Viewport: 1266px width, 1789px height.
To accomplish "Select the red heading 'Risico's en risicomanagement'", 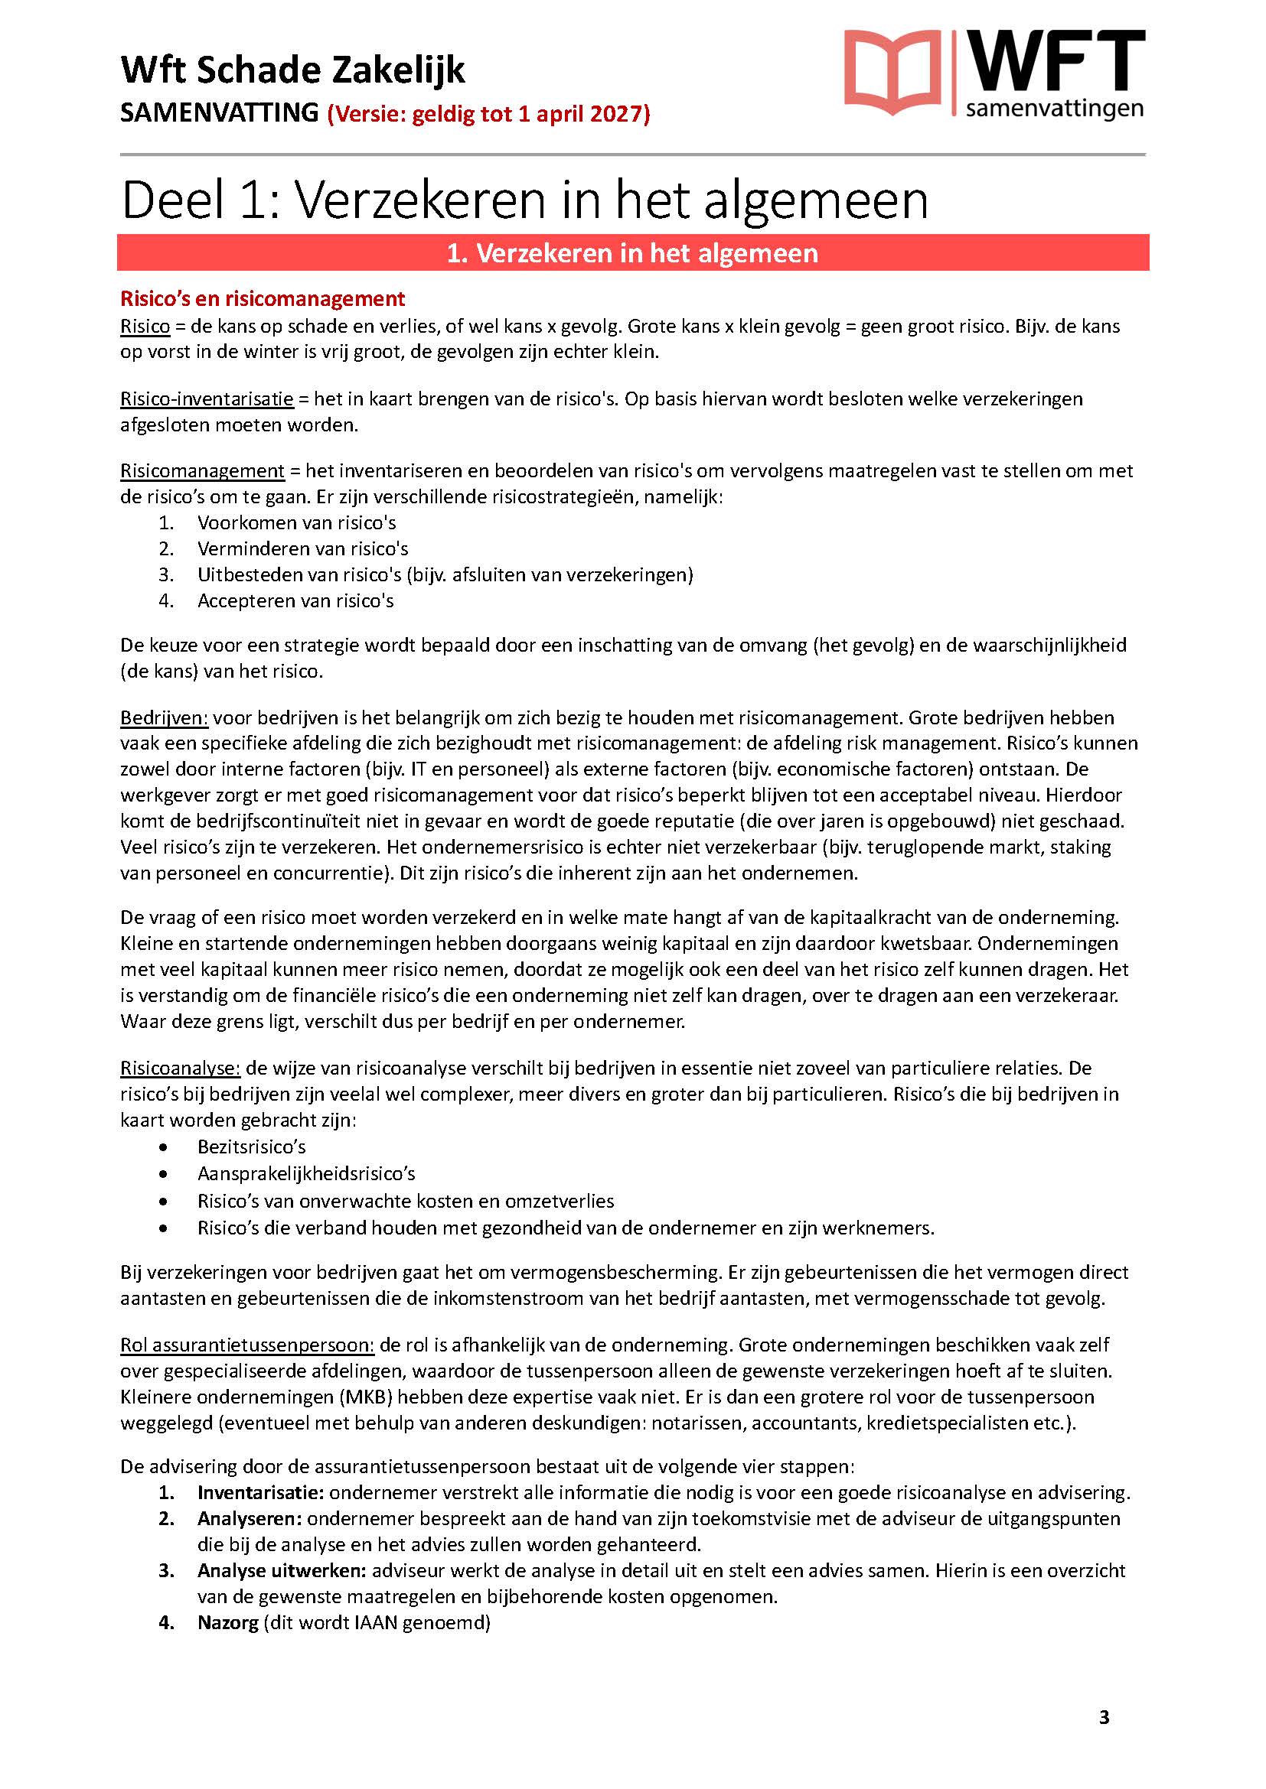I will (262, 299).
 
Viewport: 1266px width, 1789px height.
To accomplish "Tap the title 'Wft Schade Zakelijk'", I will (292, 70).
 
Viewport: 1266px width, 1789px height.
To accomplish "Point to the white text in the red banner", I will (632, 253).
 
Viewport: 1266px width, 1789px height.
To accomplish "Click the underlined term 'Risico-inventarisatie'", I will (207, 399).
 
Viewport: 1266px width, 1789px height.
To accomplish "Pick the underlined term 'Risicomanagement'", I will (202, 470).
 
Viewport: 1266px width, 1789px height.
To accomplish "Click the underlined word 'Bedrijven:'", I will (164, 717).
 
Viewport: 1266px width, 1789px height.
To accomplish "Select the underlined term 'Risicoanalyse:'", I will (180, 1068).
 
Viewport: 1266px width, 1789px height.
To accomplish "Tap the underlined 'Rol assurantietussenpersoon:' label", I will (247, 1345).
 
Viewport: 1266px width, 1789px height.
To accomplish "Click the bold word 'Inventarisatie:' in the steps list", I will (260, 1493).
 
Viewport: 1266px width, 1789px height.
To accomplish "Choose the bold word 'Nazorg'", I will (227, 1623).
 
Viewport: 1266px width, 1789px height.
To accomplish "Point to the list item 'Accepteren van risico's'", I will (295, 600).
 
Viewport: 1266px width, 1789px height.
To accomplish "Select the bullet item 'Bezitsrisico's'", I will (251, 1147).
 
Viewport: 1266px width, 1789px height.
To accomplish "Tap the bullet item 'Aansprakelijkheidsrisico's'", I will (305, 1173).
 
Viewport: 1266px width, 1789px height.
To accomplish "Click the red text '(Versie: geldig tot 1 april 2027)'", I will (489, 114).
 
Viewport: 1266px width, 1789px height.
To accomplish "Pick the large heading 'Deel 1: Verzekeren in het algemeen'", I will (524, 200).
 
